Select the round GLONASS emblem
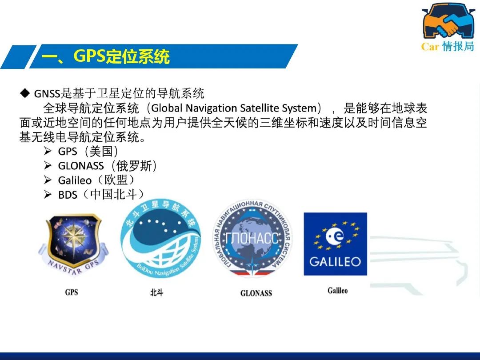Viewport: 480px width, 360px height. coord(252,238)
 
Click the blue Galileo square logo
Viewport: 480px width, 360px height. coord(335,244)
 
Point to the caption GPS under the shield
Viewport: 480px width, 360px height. coord(71,292)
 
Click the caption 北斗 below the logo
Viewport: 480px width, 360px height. coord(157,292)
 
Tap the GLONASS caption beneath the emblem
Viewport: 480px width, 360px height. coord(256,293)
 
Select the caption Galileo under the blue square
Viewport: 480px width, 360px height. coord(338,290)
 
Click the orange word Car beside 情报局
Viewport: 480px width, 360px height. coord(430,47)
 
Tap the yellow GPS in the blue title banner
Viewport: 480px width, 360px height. coord(89,56)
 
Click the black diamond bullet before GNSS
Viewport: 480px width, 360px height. coord(25,93)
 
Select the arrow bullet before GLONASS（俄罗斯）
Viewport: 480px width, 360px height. coord(48,166)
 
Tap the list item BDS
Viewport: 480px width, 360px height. coord(68,195)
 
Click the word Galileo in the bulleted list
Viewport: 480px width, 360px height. coord(75,180)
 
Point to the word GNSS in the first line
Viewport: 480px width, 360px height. coord(47,93)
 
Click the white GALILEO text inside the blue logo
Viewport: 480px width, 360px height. coord(335,262)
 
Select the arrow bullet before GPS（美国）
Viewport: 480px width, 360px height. coord(48,151)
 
